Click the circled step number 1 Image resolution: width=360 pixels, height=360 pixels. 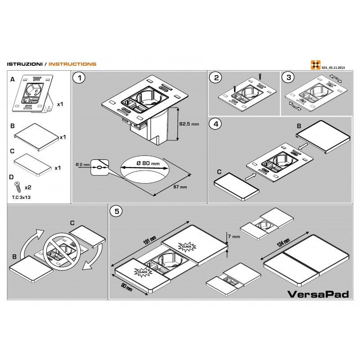coord(80,78)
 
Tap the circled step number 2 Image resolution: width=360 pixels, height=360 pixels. coord(217,78)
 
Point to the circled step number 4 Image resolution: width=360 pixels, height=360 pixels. coord(217,124)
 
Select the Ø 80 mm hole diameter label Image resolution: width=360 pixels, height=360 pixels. coord(148,163)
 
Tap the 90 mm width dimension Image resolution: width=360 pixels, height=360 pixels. coord(126,287)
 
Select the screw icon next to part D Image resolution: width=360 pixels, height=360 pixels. coord(18,185)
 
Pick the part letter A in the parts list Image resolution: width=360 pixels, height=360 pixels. coord(13,79)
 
